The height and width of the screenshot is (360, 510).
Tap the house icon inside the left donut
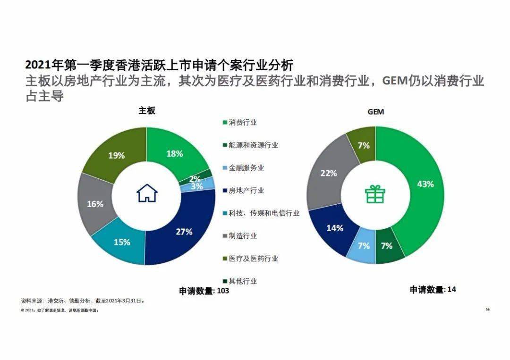[147, 193]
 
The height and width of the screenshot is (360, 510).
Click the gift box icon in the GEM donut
[375, 193]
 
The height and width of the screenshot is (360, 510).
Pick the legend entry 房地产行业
[246, 191]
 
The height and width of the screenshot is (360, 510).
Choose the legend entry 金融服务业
[246, 168]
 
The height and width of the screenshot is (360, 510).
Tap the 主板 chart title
[147, 110]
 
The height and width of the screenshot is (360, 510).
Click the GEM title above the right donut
[376, 112]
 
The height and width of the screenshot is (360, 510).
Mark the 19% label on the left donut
[116, 155]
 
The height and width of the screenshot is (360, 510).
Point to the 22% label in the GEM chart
[329, 173]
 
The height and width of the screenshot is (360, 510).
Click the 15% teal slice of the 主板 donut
[121, 243]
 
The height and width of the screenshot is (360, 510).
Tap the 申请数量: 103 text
[204, 291]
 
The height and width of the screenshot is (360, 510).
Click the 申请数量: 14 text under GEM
[433, 289]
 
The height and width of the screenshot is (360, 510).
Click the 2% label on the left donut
[195, 179]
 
